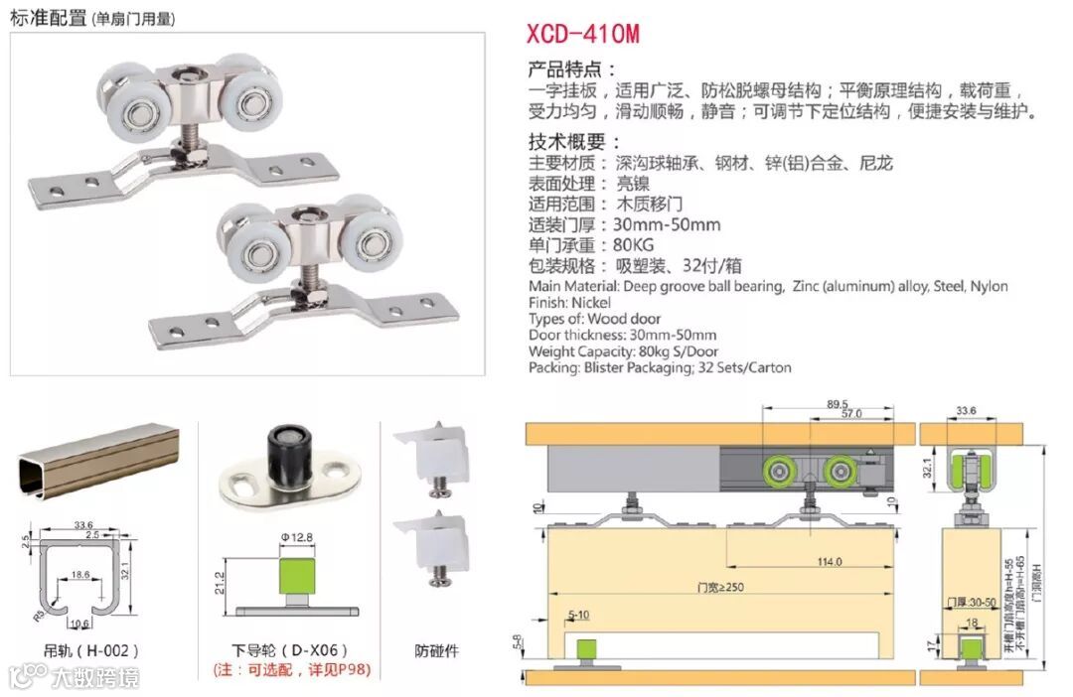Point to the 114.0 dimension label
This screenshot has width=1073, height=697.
pos(829,562)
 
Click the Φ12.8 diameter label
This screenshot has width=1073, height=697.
pos(297,538)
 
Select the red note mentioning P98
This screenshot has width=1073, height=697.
pos(291,670)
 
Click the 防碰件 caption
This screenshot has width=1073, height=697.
pos(435,651)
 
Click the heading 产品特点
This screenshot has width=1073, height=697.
pos(572,70)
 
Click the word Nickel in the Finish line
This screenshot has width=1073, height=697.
pos(591,302)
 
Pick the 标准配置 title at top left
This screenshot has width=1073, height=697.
pos(48,18)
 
